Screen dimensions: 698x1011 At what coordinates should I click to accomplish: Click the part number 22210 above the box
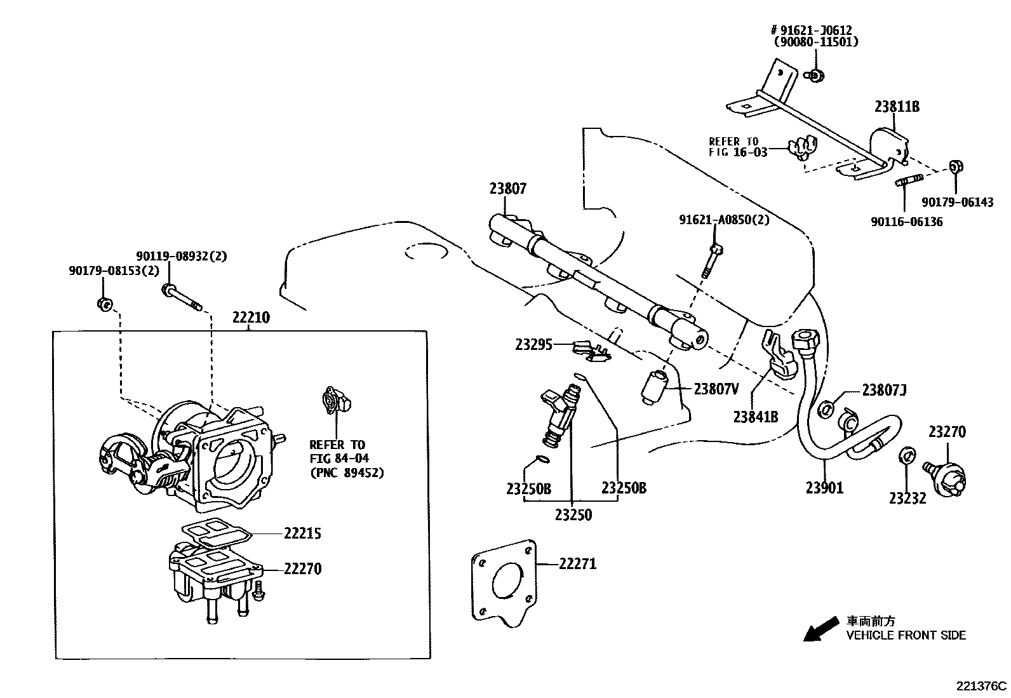(x=250, y=317)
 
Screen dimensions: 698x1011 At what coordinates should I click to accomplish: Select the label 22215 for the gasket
(x=302, y=534)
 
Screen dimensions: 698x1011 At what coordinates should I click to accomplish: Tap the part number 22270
(x=302, y=569)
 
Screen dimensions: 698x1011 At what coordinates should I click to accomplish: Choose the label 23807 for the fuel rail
(x=507, y=188)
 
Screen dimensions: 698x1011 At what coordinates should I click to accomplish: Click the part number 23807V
(x=716, y=389)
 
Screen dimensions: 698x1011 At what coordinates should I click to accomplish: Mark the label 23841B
(x=755, y=417)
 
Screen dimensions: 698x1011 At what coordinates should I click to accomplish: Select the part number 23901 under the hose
(x=824, y=488)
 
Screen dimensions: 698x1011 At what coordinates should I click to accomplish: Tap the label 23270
(x=947, y=432)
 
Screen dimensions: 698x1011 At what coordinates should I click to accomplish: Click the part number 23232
(x=907, y=498)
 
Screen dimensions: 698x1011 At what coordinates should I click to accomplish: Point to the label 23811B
(x=897, y=107)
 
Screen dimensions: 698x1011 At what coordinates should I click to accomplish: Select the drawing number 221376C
(x=982, y=686)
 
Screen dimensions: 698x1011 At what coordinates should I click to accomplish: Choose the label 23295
(x=534, y=344)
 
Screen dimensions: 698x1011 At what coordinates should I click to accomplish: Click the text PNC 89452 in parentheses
(x=347, y=473)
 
